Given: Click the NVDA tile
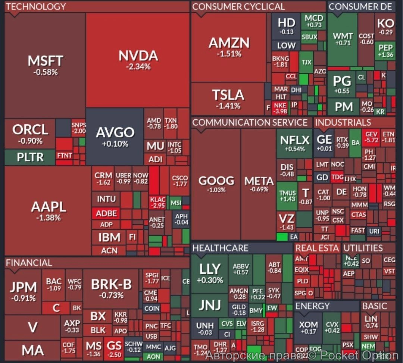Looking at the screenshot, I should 138,60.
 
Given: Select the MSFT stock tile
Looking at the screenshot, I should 46,65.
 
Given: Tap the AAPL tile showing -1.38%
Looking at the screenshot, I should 48,211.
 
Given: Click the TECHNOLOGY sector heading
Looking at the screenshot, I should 36,6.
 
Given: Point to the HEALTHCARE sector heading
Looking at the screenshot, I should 220,248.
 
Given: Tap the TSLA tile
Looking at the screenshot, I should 228,99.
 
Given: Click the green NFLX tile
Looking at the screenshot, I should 294,144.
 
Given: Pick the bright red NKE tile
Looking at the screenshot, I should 280,108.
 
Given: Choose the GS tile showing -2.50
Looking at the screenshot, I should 114,349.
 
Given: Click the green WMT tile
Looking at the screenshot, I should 343,39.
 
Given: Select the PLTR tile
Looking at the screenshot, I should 30,157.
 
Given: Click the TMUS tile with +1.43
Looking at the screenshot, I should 287,196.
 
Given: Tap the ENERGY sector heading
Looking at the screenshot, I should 312,306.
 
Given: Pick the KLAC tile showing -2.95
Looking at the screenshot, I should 157,202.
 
